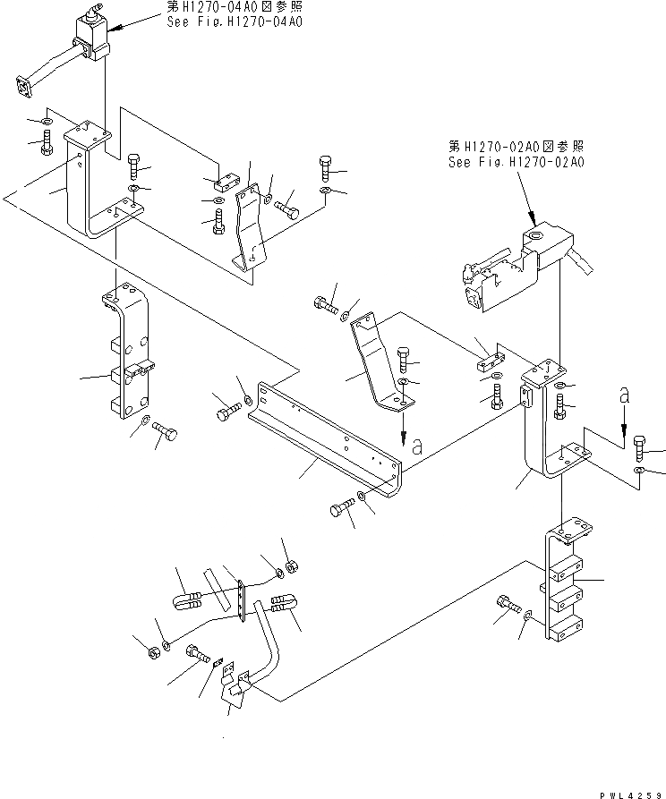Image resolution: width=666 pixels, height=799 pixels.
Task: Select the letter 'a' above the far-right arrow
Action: [x=623, y=394]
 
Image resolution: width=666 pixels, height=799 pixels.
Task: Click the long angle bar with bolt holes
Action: [x=327, y=438]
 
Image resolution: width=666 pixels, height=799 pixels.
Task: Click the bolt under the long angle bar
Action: [x=340, y=509]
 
